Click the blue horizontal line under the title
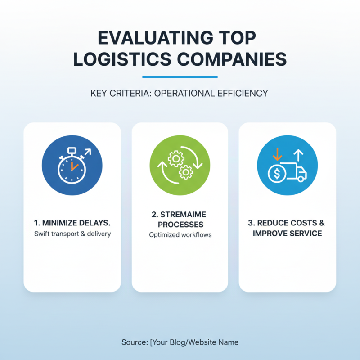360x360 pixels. point(180,77)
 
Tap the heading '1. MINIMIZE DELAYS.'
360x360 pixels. point(72,223)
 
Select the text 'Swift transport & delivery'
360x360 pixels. point(72,234)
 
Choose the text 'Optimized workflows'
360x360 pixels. point(180,235)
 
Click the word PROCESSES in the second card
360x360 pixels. point(180,224)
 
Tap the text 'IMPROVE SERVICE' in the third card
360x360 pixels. point(287,233)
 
